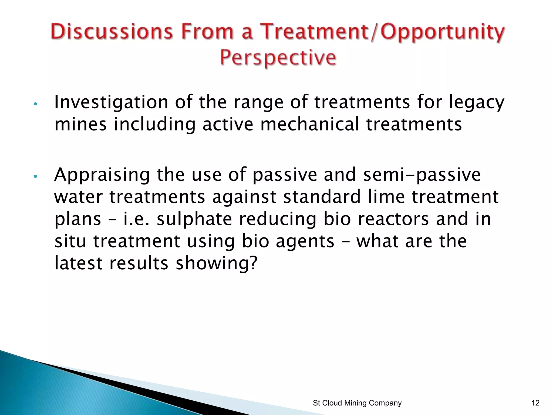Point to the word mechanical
pyautogui.click(x=310, y=125)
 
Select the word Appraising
pyautogui.click(x=102, y=175)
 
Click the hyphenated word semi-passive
pyautogui.click(x=422, y=175)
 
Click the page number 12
pyautogui.click(x=535, y=403)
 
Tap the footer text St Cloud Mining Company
pyautogui.click(x=357, y=403)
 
